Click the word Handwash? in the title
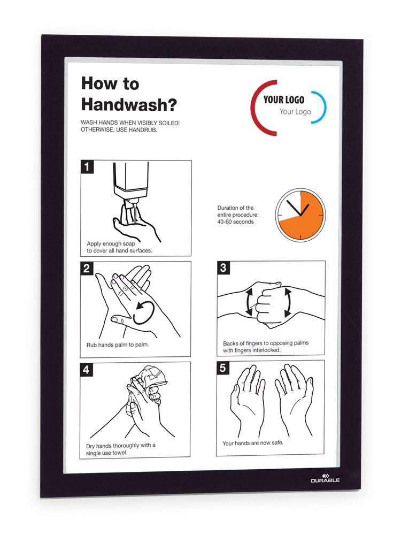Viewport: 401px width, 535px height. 129,104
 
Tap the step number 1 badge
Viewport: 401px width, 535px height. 87,166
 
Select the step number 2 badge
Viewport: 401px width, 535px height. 87,268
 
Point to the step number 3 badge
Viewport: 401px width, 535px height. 223,267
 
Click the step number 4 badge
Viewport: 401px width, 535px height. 86,369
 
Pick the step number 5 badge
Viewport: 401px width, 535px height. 222,368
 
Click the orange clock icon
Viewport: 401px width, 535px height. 300,215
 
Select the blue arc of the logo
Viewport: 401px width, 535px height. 320,105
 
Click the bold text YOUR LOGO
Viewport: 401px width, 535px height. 284,100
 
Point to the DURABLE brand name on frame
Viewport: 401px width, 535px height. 325,480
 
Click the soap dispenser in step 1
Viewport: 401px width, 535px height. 132,181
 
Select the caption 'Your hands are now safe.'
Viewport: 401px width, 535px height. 253,443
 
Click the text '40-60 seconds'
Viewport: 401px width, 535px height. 236,222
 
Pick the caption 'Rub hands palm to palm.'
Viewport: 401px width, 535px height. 118,345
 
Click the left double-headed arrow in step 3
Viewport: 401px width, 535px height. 249,302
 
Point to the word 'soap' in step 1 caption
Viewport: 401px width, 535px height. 128,243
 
